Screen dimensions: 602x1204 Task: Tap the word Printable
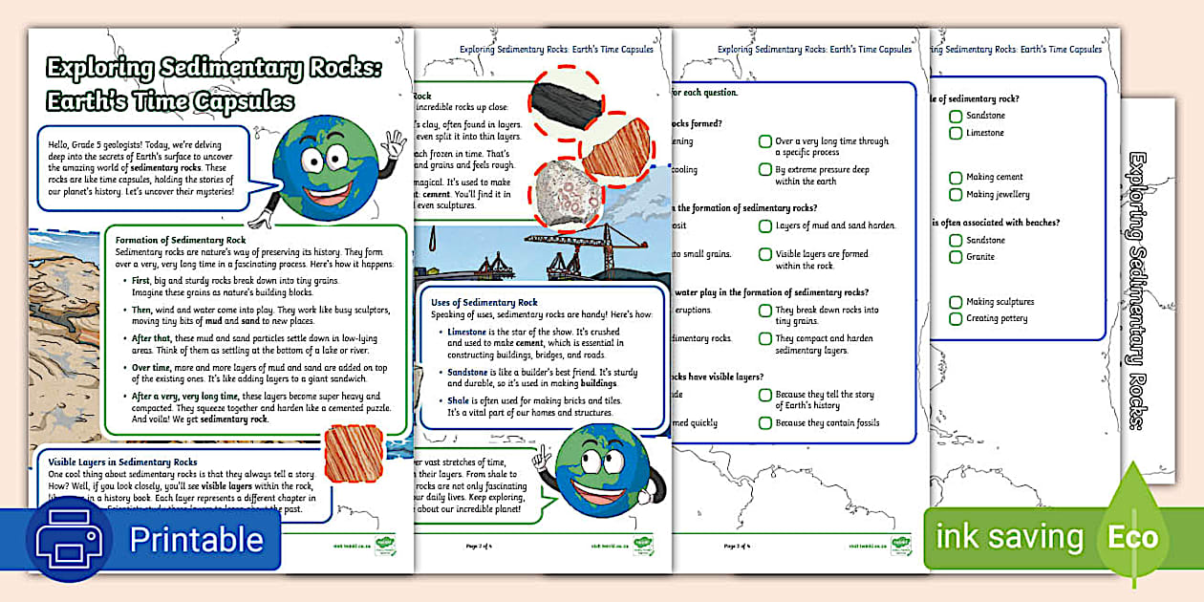(x=197, y=539)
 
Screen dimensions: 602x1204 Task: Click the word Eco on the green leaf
(x=1132, y=537)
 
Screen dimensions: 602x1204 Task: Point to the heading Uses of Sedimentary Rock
(x=484, y=303)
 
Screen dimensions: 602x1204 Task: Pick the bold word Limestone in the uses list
(x=467, y=332)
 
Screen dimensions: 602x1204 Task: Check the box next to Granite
(x=956, y=257)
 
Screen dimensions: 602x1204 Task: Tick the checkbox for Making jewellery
(x=956, y=195)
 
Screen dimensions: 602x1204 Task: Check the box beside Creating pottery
(x=956, y=319)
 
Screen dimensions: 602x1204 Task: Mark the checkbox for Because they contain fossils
(x=765, y=423)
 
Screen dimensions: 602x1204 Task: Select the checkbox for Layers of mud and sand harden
(x=765, y=226)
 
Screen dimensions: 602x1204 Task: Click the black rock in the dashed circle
(x=568, y=98)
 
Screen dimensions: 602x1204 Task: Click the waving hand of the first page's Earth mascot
(x=393, y=146)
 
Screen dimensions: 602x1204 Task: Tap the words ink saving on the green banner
(x=1009, y=538)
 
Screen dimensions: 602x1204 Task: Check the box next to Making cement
(x=956, y=178)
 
